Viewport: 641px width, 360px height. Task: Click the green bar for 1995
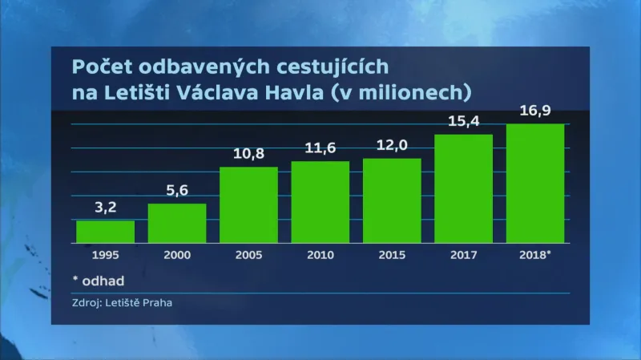pos(105,231)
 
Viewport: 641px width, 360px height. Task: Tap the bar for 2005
pos(248,204)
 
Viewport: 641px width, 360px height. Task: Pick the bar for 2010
pos(320,201)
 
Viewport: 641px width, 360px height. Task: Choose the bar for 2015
pos(392,200)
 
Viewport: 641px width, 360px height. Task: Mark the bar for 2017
pos(464,188)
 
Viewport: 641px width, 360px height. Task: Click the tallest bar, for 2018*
pos(535,183)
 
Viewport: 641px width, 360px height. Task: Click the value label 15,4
pos(464,123)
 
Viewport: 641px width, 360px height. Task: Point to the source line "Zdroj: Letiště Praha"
pos(121,303)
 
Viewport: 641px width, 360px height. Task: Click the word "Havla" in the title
pos(314,91)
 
